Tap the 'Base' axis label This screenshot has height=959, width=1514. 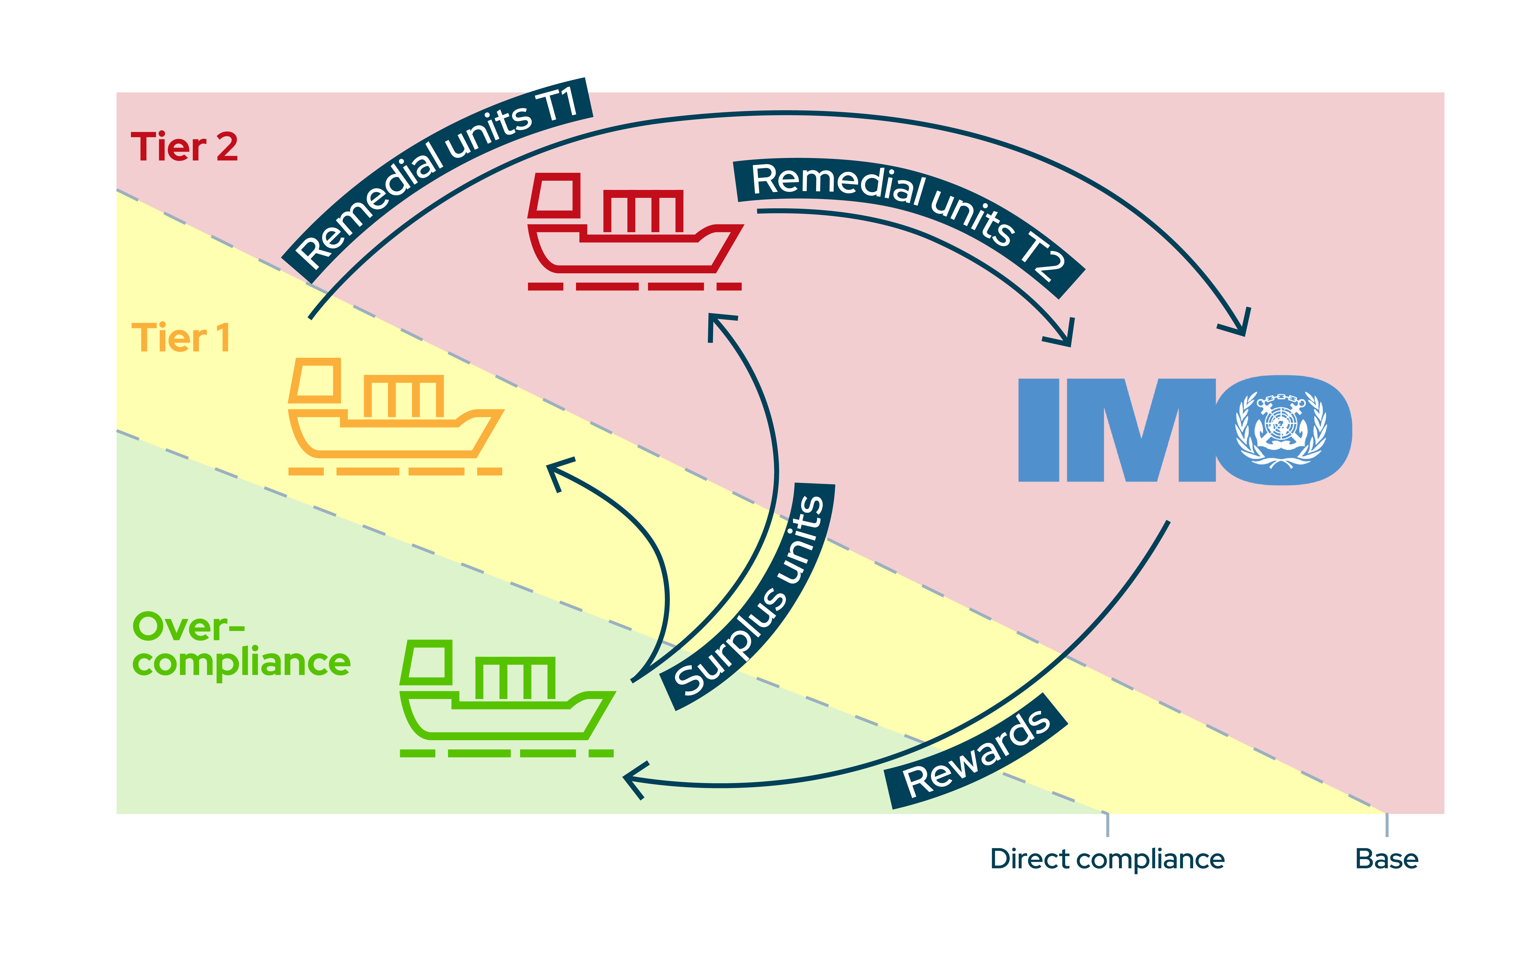[1386, 859]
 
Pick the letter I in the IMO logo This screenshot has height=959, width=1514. [1039, 430]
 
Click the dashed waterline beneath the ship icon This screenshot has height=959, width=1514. [395, 471]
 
